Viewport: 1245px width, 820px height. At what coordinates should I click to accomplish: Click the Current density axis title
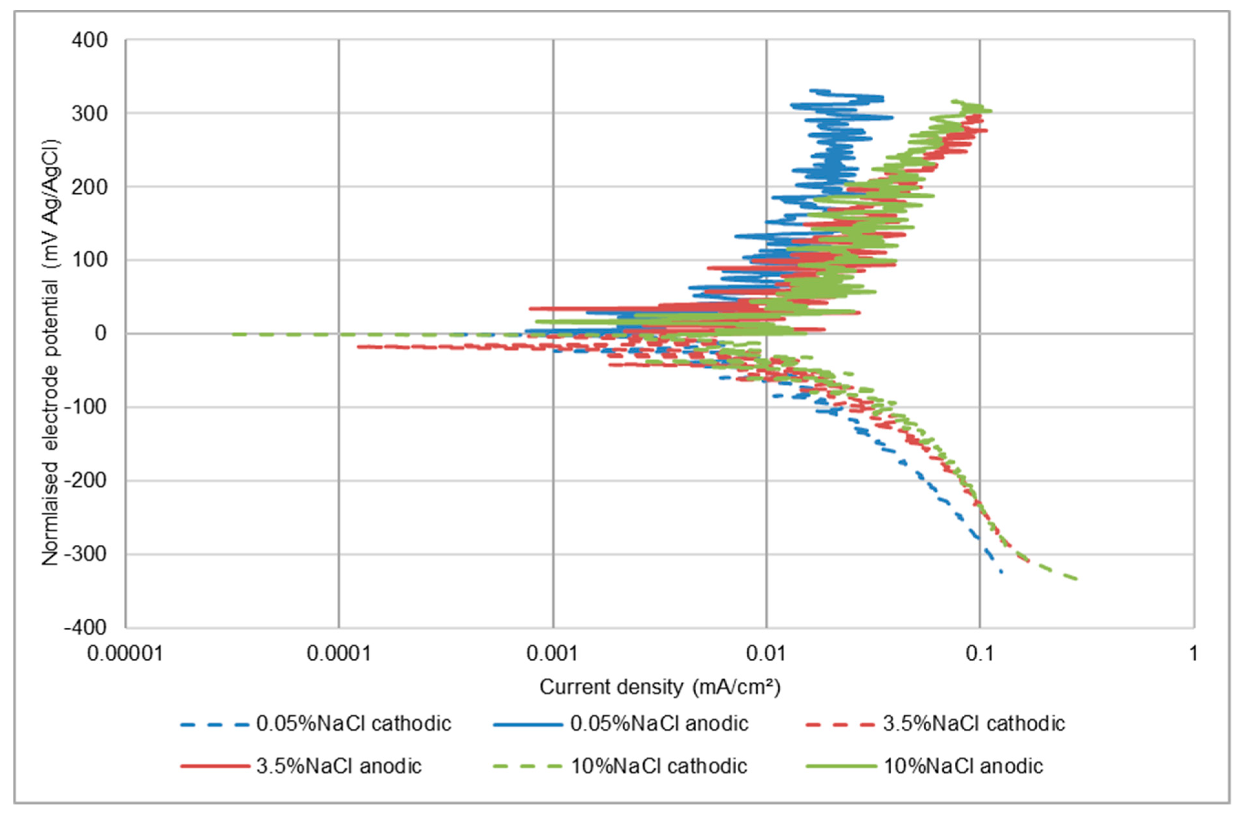[x=660, y=687]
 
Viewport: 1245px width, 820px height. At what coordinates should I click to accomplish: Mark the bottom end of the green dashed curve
[x=1076, y=579]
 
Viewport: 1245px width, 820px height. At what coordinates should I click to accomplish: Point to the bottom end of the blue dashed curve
[x=1001, y=572]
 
